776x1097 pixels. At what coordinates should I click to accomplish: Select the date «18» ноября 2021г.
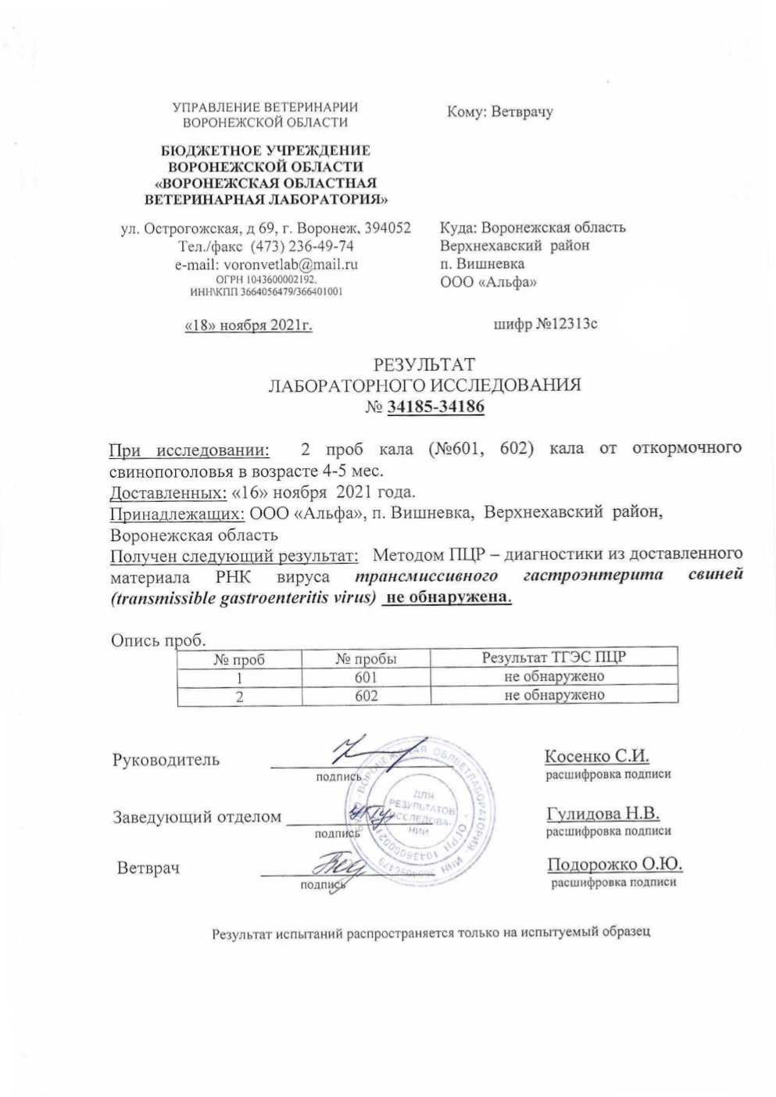tap(248, 325)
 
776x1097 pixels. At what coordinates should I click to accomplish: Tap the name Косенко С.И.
tap(597, 756)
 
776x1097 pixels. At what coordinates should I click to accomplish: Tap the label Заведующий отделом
tap(198, 817)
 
